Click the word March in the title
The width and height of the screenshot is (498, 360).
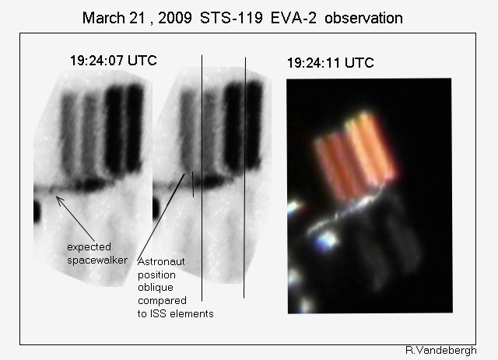pos(103,18)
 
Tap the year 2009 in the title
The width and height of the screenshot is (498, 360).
pos(174,18)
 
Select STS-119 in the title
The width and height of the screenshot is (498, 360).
pos(231,18)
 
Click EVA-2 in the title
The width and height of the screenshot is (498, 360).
pos(293,18)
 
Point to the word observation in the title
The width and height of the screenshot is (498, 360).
pos(363,18)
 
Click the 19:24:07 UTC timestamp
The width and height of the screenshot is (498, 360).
pos(114,61)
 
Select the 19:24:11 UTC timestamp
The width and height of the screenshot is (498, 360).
pos(330,62)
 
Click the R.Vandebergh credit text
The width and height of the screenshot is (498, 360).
pos(441,351)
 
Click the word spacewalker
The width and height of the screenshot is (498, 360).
pos(97,260)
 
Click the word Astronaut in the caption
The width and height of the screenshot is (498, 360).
pos(161,261)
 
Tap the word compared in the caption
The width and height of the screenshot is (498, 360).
pos(162,301)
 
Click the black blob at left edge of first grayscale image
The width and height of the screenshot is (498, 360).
pos(37,211)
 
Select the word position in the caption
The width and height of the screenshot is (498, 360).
pos(156,275)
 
